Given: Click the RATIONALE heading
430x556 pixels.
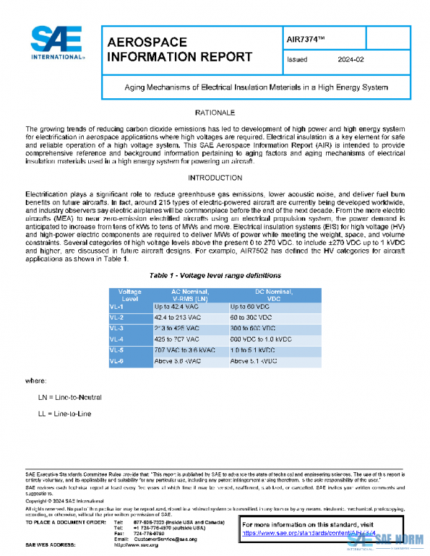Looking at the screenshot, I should click(x=215, y=113).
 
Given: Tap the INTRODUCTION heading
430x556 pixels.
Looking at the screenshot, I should click(x=215, y=177).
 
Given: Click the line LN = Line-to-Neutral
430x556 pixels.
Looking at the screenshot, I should click(x=70, y=396).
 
